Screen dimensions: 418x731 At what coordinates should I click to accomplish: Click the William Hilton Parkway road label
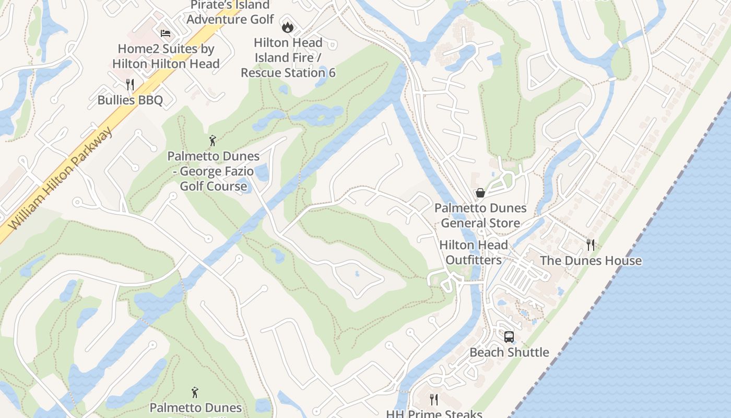62,178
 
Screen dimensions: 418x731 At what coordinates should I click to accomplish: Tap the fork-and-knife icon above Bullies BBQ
130,84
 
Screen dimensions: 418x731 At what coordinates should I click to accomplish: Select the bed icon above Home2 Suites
166,33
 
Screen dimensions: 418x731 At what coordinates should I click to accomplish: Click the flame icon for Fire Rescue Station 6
287,27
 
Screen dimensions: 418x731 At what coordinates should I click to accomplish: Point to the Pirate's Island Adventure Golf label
230,13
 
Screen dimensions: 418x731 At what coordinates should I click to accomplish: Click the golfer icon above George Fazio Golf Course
213,140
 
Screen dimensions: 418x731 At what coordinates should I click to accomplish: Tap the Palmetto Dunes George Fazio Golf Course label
214,171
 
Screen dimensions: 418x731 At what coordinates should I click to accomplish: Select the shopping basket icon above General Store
480,193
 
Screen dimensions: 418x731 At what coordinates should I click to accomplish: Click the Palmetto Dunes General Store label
480,215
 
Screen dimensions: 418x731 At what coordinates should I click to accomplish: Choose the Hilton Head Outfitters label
474,252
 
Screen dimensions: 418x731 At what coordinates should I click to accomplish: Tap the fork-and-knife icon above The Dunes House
591,245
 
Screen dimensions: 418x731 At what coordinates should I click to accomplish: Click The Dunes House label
591,261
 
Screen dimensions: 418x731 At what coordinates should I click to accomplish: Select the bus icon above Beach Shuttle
509,337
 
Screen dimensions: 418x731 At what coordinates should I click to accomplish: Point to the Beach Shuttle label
509,352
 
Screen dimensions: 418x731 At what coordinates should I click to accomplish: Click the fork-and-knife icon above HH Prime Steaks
434,400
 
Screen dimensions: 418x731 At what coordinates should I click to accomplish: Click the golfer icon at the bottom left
195,392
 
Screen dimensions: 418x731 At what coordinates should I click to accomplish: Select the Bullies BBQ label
130,100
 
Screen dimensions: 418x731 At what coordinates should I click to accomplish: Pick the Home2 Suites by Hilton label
166,56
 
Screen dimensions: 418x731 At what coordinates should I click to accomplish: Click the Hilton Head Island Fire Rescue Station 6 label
288,57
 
